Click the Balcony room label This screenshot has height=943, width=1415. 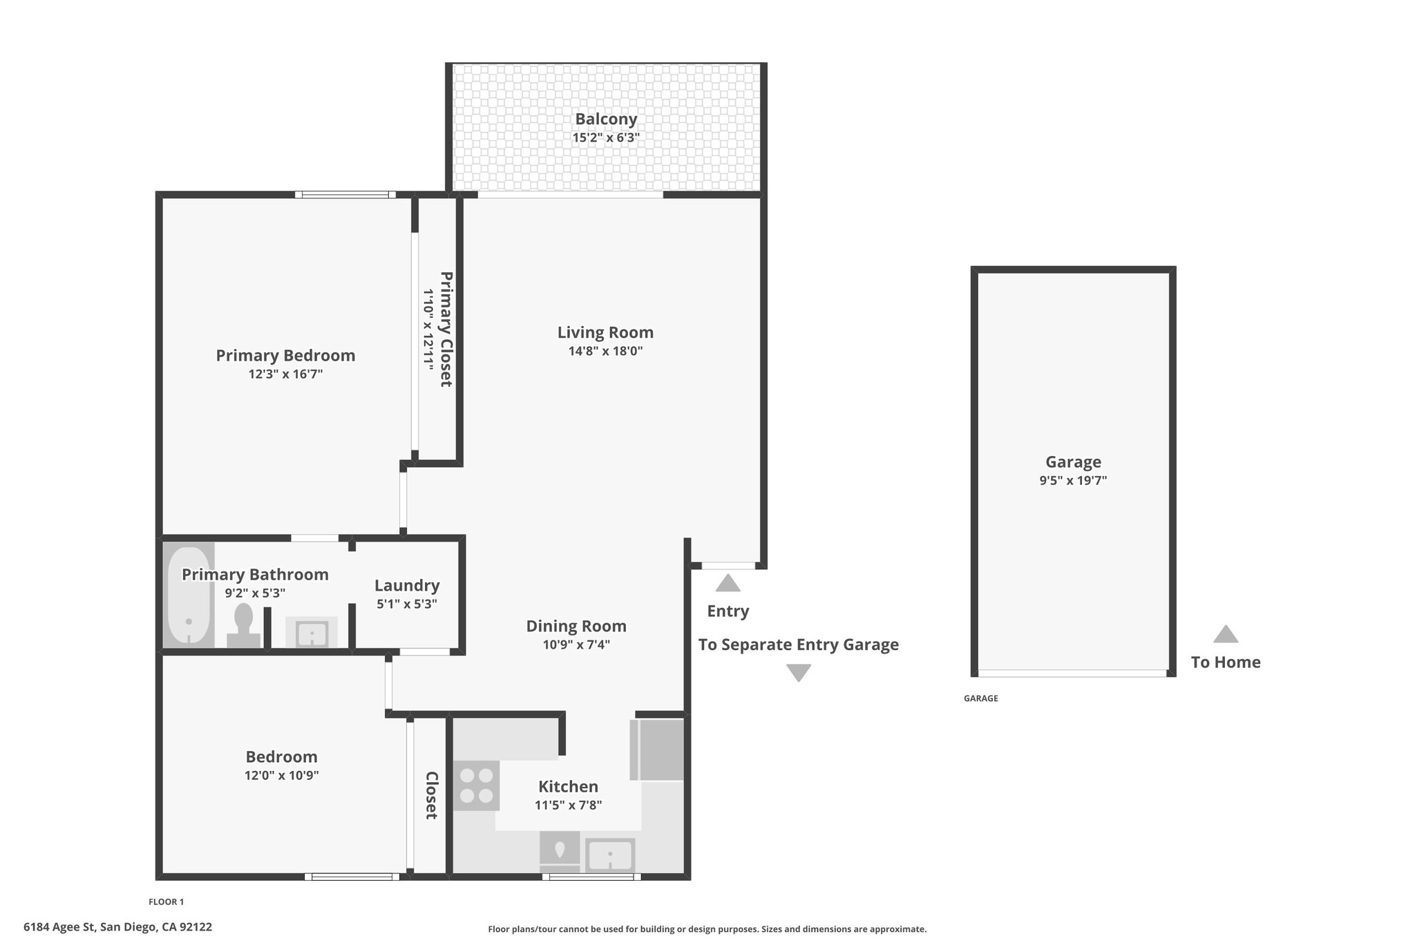pos(606,119)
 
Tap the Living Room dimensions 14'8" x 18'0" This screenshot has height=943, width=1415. pos(606,351)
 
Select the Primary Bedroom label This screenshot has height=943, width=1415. pos(285,356)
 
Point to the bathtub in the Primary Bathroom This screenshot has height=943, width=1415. pos(189,596)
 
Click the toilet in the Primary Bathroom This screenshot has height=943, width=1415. pos(243,625)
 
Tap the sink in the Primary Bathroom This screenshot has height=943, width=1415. pos(312,634)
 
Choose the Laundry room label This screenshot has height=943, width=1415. pos(407,586)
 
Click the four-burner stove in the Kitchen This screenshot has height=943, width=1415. pos(476,785)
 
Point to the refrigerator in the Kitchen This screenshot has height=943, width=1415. pos(656,750)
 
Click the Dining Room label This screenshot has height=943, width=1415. pos(576,627)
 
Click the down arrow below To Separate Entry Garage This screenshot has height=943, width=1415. pos(799,673)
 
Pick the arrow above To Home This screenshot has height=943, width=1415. pos(1226,634)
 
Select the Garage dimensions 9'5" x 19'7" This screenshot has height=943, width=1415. pos(1073,481)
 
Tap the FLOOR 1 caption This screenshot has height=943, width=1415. pos(167,902)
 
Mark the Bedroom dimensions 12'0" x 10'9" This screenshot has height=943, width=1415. pos(282,775)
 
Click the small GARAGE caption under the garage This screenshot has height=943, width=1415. pos(981,698)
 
